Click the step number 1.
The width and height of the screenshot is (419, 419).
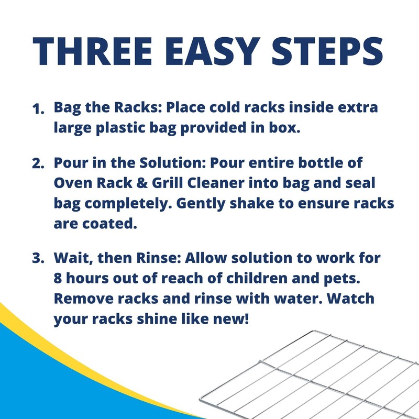tap(38, 109)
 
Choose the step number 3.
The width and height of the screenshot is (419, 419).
tap(38, 259)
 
